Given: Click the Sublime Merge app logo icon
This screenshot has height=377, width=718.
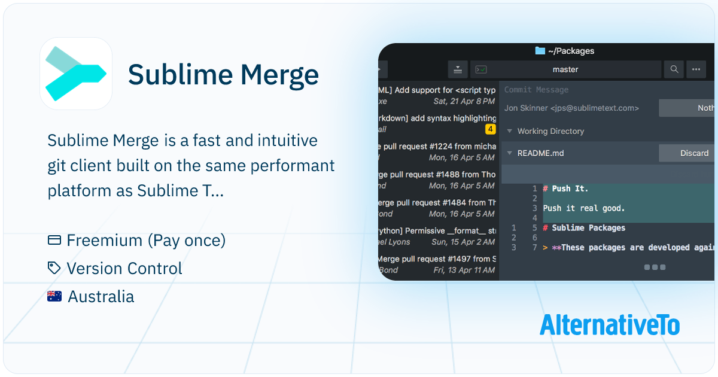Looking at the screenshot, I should click(76, 74).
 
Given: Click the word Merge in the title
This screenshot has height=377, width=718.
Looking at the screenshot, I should click(279, 75).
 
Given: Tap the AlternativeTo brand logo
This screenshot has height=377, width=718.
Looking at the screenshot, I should click(609, 325).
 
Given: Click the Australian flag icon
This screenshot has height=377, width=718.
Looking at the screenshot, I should click(54, 296).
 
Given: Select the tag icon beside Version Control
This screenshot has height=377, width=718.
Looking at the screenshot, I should click(54, 268).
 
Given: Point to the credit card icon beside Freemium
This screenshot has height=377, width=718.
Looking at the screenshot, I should click(54, 241).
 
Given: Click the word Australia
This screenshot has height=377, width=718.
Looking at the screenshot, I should click(101, 296).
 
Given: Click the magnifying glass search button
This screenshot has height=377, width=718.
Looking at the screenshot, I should click(674, 69).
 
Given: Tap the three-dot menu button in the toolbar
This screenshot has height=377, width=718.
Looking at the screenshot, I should click(696, 69).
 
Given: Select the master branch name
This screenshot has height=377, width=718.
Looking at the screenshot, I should click(565, 69).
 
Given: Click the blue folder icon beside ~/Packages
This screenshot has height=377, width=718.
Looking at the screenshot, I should click(540, 51).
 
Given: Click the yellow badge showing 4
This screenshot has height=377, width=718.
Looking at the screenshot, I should click(491, 129).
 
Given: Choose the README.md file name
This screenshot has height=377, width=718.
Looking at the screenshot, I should click(540, 153).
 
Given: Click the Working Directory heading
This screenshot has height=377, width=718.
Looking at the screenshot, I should click(550, 131).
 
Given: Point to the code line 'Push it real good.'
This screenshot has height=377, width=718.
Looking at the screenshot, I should click(583, 208).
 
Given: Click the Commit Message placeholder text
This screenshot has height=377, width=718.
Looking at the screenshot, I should click(536, 90).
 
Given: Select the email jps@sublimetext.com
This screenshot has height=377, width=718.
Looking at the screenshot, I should click(599, 108).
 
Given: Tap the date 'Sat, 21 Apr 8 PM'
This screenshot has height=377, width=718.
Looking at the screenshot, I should click(464, 101).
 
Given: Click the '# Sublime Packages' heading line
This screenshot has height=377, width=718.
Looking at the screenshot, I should click(584, 228).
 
